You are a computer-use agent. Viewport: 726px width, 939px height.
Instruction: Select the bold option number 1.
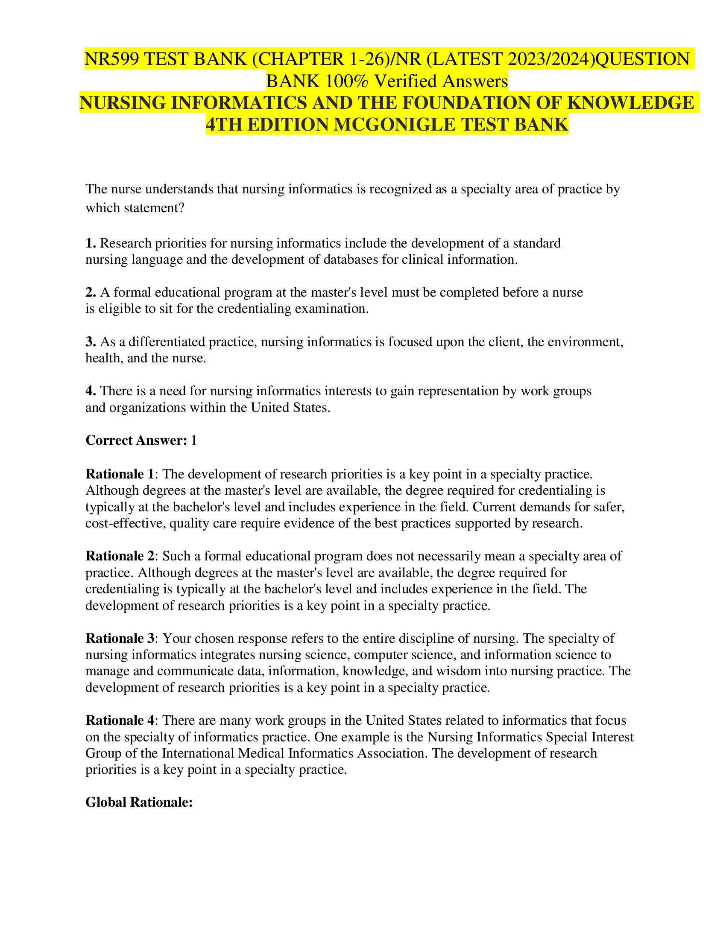click(91, 243)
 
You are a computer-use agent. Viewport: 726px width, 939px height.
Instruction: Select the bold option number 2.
click(91, 292)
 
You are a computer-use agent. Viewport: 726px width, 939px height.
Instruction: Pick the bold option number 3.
click(91, 342)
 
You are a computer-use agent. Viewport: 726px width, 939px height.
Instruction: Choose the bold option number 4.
click(91, 391)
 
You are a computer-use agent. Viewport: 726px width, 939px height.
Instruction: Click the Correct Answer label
click(136, 440)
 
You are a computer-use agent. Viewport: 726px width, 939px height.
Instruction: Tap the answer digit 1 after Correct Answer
click(193, 440)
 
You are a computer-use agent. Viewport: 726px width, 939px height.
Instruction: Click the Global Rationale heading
click(139, 803)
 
